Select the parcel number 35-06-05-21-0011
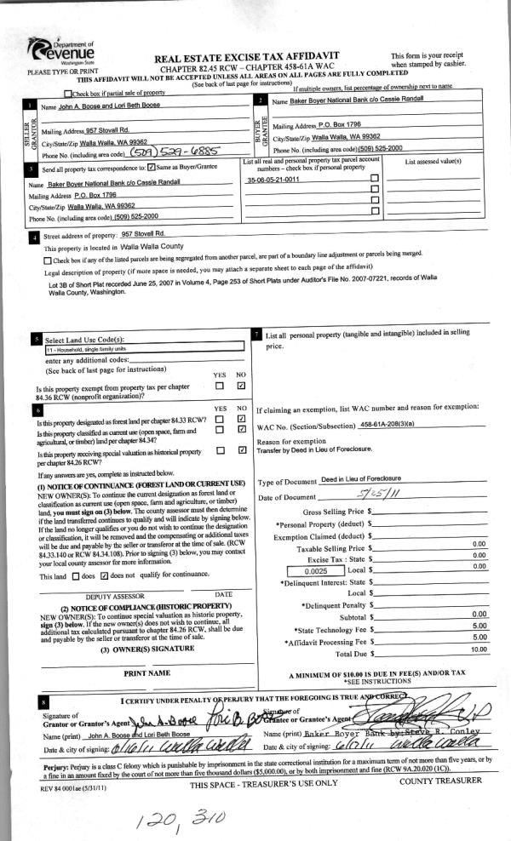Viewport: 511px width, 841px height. coord(273,180)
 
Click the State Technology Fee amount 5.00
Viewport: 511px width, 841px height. coord(479,626)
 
